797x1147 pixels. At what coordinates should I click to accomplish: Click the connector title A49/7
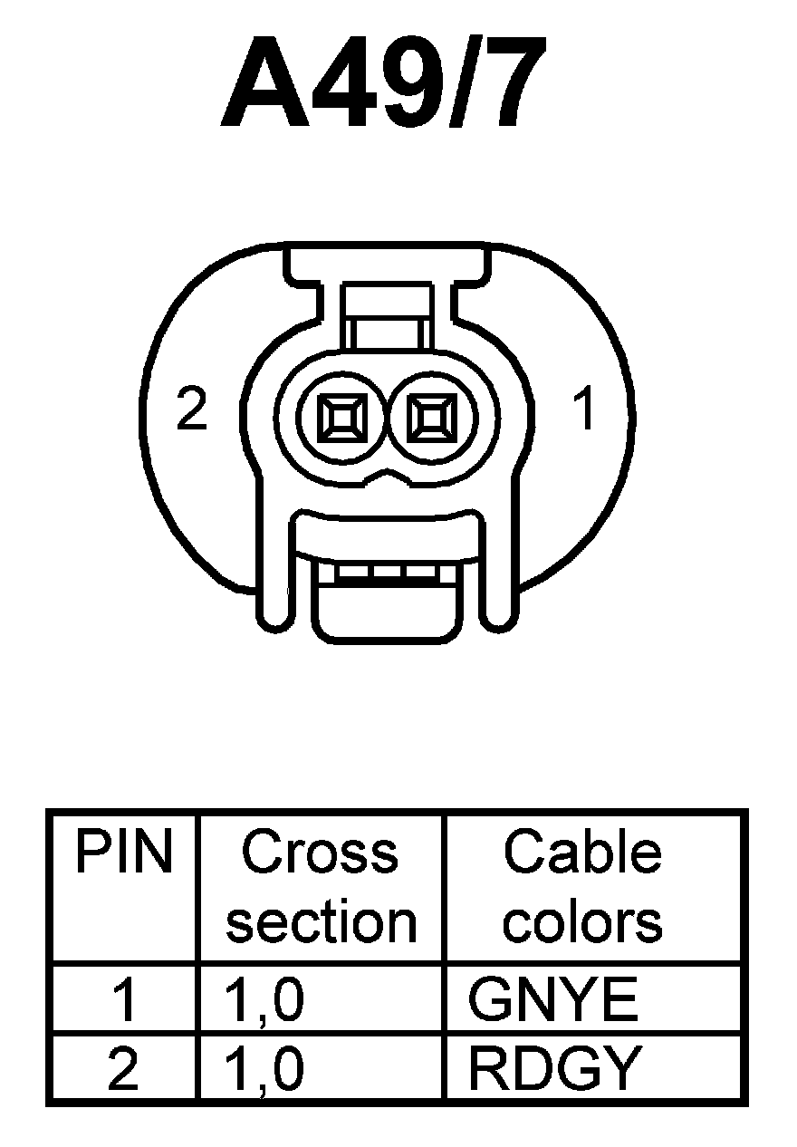click(x=384, y=84)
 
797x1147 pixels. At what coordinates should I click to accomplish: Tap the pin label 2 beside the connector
click(x=192, y=411)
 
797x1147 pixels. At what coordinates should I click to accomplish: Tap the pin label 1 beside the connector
click(x=586, y=410)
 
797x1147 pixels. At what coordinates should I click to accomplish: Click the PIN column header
click(x=123, y=853)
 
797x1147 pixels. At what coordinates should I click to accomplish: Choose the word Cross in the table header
click(x=320, y=853)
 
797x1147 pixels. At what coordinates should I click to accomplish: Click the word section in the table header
click(x=321, y=921)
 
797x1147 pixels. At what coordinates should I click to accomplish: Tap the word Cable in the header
click(x=582, y=853)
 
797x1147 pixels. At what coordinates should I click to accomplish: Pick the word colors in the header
click(x=582, y=921)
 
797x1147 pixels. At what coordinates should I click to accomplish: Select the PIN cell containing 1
click(x=123, y=1001)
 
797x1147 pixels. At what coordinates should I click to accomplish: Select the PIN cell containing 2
click(x=123, y=1068)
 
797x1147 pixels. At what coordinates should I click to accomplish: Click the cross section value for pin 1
click(x=264, y=1001)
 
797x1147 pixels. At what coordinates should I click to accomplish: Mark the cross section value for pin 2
click(x=264, y=1068)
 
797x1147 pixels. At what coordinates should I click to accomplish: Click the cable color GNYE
click(x=552, y=1001)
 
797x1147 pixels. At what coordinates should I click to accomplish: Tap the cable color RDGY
click(x=554, y=1068)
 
